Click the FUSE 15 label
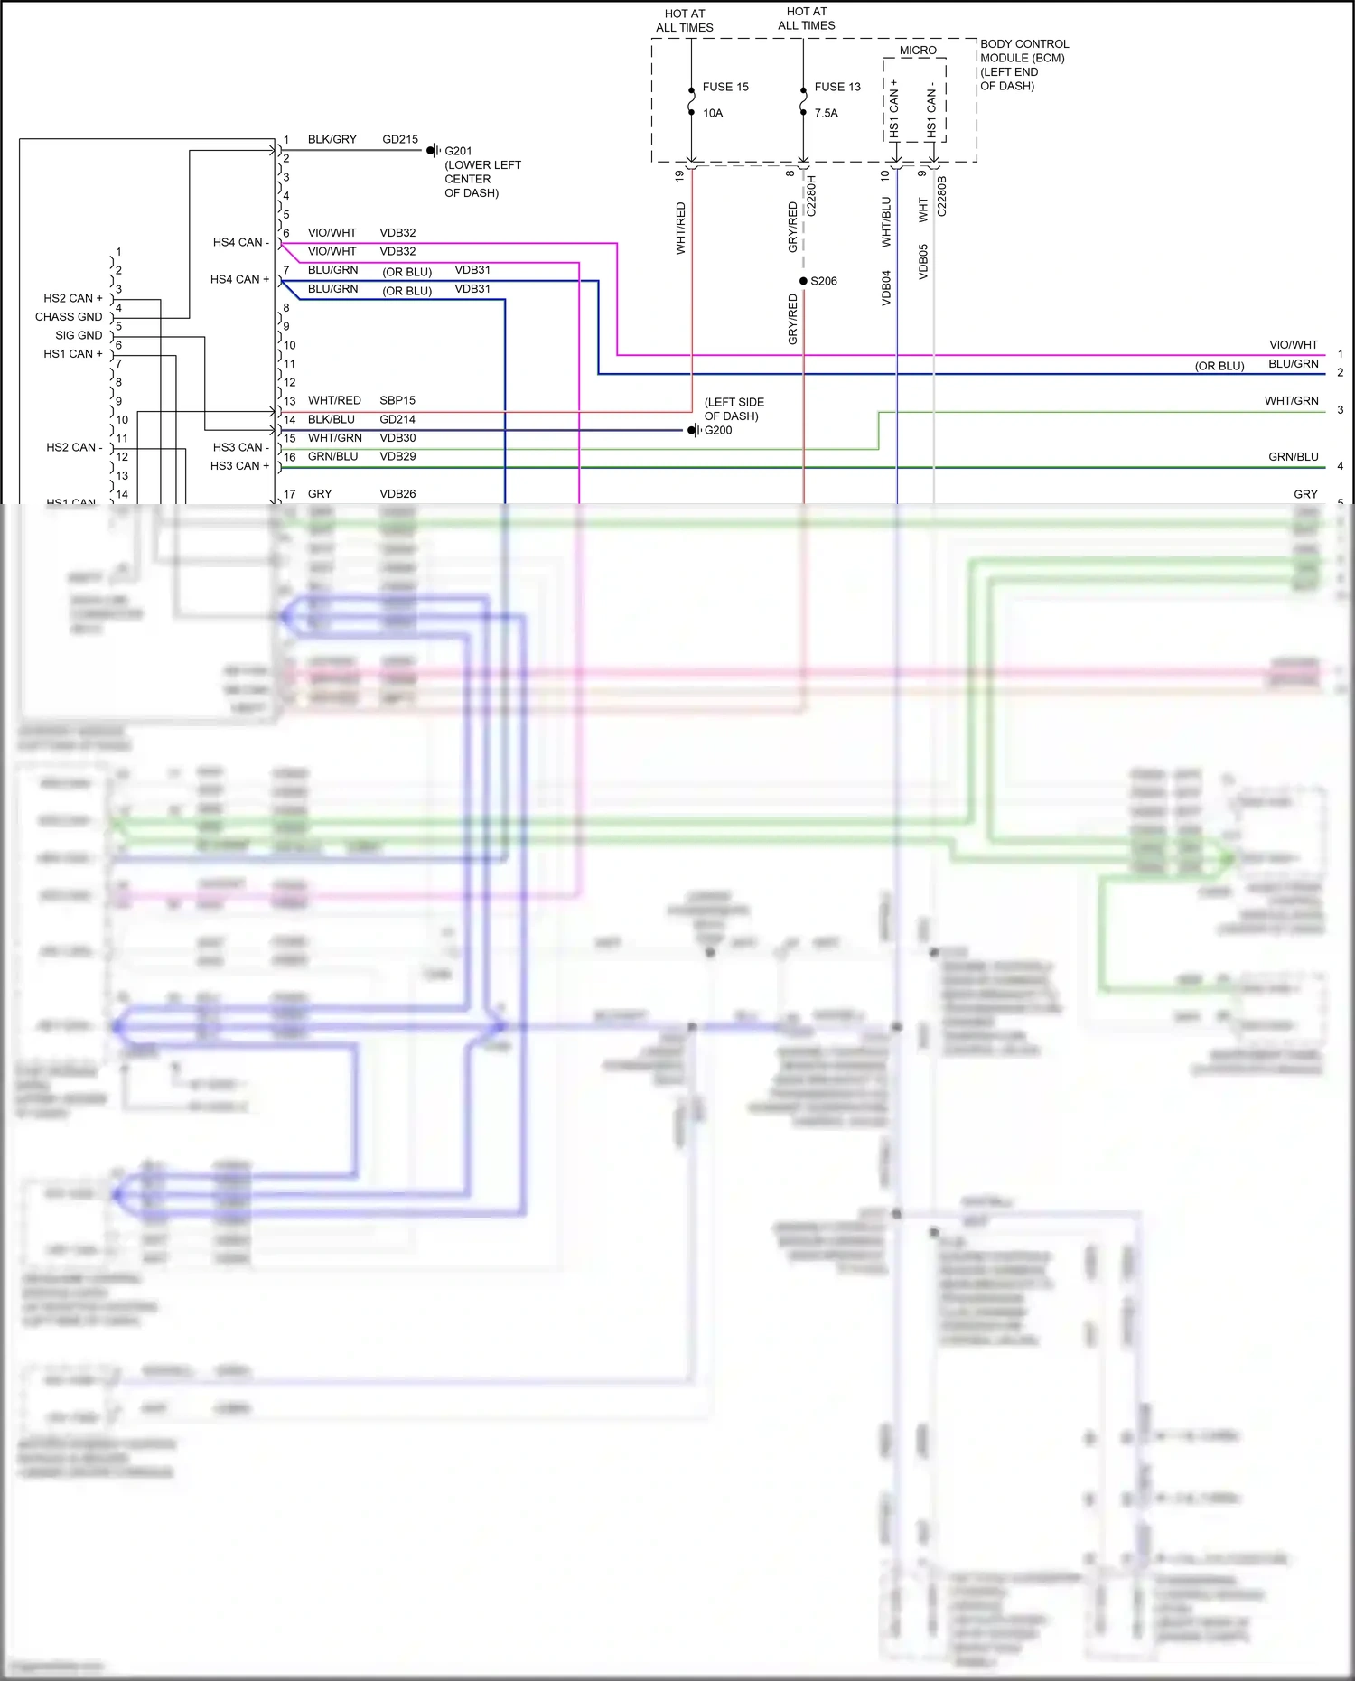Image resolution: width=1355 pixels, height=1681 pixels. tap(725, 88)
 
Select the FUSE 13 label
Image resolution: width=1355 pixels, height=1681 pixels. tap(837, 88)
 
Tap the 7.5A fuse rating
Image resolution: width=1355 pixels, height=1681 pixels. tap(826, 114)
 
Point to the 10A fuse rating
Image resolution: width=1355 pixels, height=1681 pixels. tap(713, 114)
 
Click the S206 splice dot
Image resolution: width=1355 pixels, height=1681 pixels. tap(803, 281)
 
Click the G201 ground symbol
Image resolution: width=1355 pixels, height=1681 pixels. tap(433, 151)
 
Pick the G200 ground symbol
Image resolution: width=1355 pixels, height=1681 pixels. tap(693, 431)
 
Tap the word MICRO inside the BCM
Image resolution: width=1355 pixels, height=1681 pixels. tap(918, 51)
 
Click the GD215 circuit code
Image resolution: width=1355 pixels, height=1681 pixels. tap(400, 140)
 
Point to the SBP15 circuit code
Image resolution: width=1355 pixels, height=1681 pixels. tap(397, 400)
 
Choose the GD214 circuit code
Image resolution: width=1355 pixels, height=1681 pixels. tap(397, 419)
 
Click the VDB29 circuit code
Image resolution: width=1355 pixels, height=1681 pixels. tap(397, 457)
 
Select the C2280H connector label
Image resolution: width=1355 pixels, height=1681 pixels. tap(811, 196)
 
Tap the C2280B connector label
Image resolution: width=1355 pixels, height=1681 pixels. tap(942, 196)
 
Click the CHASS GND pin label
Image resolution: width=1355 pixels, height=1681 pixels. tap(69, 317)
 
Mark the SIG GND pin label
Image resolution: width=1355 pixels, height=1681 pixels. tap(79, 335)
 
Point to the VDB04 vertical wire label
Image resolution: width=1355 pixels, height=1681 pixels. tap(886, 288)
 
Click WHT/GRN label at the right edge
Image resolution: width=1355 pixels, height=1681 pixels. tap(1291, 401)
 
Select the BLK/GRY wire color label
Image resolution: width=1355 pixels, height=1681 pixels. tap(332, 140)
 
